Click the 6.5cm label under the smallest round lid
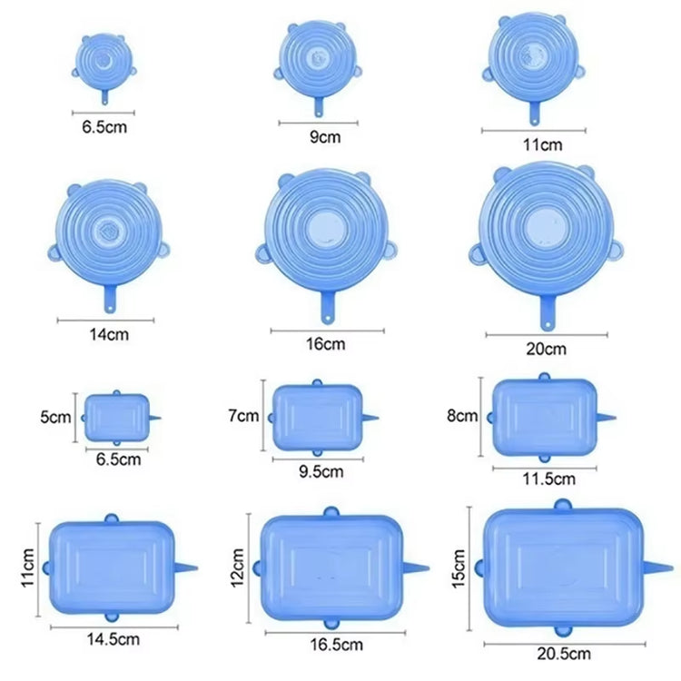pyautogui.click(x=104, y=127)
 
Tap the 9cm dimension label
pyautogui.click(x=325, y=137)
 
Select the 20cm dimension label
pyautogui.click(x=546, y=349)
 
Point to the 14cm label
pyautogui.click(x=109, y=334)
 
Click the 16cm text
pyautogui.click(x=326, y=344)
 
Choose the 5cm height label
pyautogui.click(x=55, y=417)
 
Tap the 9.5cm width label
pyautogui.click(x=321, y=471)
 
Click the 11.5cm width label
pyautogui.click(x=549, y=479)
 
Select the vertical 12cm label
pyautogui.click(x=237, y=568)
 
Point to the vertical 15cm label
pyautogui.click(x=459, y=569)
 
